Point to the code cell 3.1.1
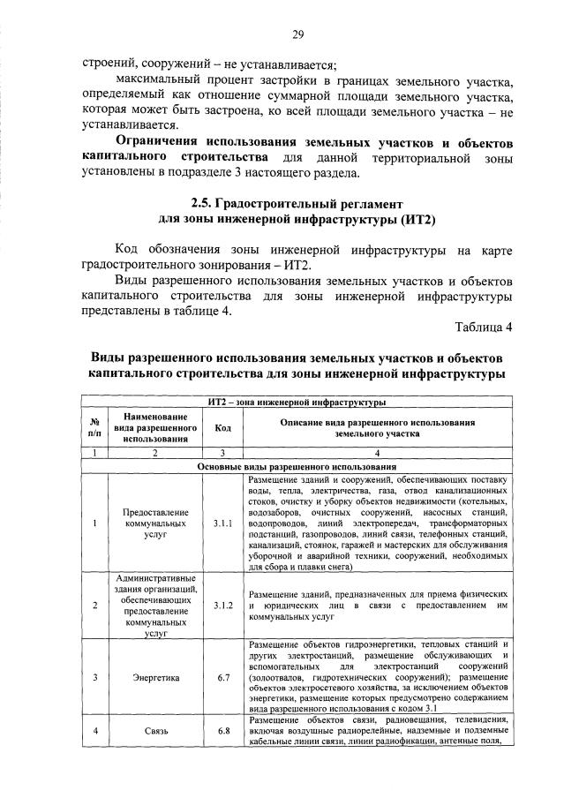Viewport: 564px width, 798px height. pos(222,523)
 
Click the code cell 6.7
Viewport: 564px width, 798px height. pos(222,677)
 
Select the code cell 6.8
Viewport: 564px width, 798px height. pos(222,730)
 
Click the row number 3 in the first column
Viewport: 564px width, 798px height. pos(94,677)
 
